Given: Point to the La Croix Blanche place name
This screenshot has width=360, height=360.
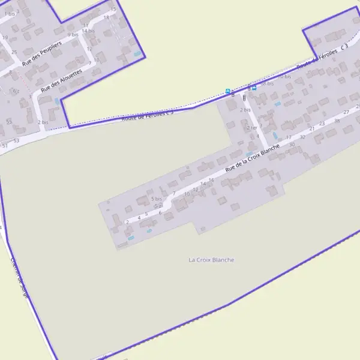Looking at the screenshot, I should click(x=211, y=260).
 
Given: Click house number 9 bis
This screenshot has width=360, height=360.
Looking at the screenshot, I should click(x=73, y=35).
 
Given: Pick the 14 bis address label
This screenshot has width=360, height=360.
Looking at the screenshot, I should click(x=88, y=31).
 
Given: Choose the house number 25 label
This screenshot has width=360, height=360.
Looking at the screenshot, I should click(x=14, y=52).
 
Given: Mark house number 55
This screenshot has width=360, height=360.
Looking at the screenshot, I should click(x=9, y=122).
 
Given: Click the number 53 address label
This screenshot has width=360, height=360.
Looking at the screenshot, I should click(x=16, y=140).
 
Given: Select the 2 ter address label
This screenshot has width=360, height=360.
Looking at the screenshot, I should click(x=251, y=128).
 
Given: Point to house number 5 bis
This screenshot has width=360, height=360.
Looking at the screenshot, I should click(x=157, y=199).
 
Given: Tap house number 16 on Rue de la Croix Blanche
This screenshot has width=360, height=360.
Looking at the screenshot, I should click(x=211, y=180).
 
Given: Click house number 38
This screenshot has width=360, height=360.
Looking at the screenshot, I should click(x=337, y=121).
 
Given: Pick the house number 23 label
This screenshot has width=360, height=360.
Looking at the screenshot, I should click(x=322, y=124).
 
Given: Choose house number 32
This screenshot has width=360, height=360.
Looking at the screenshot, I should click(x=302, y=137).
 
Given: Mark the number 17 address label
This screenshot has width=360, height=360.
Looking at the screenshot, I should click(x=289, y=137).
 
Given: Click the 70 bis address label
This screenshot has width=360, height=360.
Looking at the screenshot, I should click(x=284, y=76).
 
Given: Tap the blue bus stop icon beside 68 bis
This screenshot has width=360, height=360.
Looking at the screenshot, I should click(x=254, y=88).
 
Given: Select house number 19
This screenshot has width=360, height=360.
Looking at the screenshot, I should click(x=5, y=38).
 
